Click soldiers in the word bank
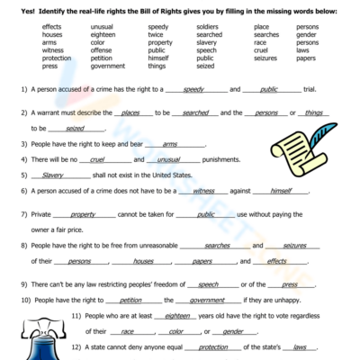click(x=207, y=28)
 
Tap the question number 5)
click(x=23, y=175)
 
